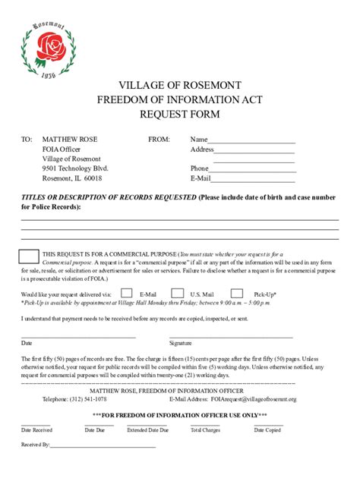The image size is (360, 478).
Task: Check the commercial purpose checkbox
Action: [28, 258]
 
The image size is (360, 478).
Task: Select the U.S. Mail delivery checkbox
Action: [178, 294]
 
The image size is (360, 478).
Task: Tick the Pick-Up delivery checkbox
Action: [237, 294]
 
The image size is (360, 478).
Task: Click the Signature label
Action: [181, 343]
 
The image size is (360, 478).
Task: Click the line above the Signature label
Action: [231, 336]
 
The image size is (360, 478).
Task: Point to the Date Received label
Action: [36, 430]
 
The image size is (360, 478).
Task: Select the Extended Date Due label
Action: [147, 430]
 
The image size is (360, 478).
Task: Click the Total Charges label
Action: [205, 430]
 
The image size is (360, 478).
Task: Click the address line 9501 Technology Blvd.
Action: [75, 168]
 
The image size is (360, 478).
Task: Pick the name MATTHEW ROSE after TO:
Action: [70, 140]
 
